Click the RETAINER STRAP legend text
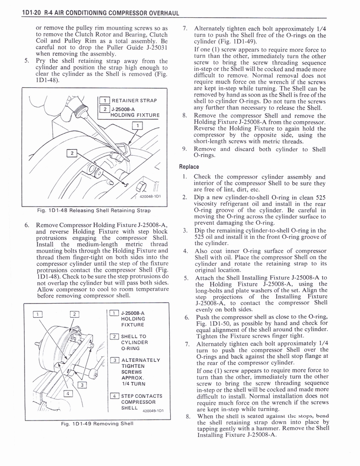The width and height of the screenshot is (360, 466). [x=134, y=101]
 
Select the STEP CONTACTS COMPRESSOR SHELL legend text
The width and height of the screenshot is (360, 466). [x=141, y=402]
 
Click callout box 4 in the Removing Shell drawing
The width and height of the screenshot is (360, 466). [x=67, y=393]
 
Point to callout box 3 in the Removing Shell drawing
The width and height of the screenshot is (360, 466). [x=81, y=385]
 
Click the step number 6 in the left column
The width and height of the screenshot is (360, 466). [x=27, y=225]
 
